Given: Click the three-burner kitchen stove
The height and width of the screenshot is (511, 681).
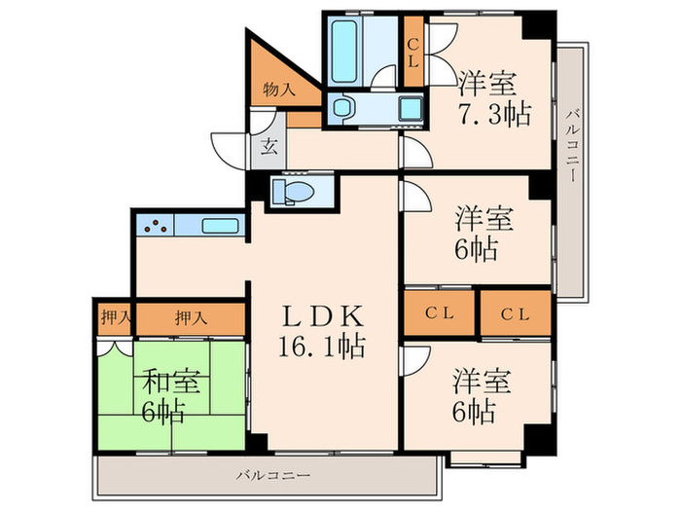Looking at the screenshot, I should click(x=155, y=228).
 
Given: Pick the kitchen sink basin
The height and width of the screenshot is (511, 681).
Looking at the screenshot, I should click(x=221, y=228).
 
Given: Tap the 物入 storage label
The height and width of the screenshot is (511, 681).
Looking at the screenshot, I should click(x=280, y=90).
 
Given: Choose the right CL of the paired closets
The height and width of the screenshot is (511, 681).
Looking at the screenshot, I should click(x=516, y=314).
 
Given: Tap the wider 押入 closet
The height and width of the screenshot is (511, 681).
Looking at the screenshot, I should click(x=190, y=316).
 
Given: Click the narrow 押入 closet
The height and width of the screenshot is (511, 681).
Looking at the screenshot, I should click(x=115, y=316).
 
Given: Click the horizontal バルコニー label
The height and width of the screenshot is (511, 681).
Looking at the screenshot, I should click(x=273, y=476).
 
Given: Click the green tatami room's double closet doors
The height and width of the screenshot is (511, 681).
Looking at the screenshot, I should click(x=115, y=346).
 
